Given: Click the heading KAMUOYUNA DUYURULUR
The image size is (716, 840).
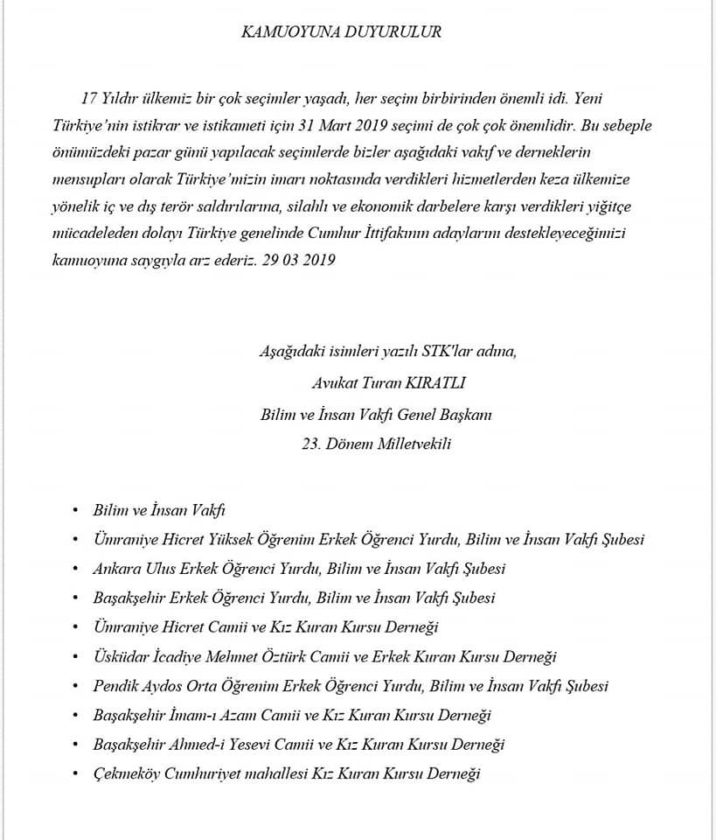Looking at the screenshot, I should (x=341, y=32).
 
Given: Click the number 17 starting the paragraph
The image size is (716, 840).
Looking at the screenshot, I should (x=87, y=97).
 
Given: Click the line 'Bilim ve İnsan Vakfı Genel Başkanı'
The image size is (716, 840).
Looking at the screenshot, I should (x=376, y=414).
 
